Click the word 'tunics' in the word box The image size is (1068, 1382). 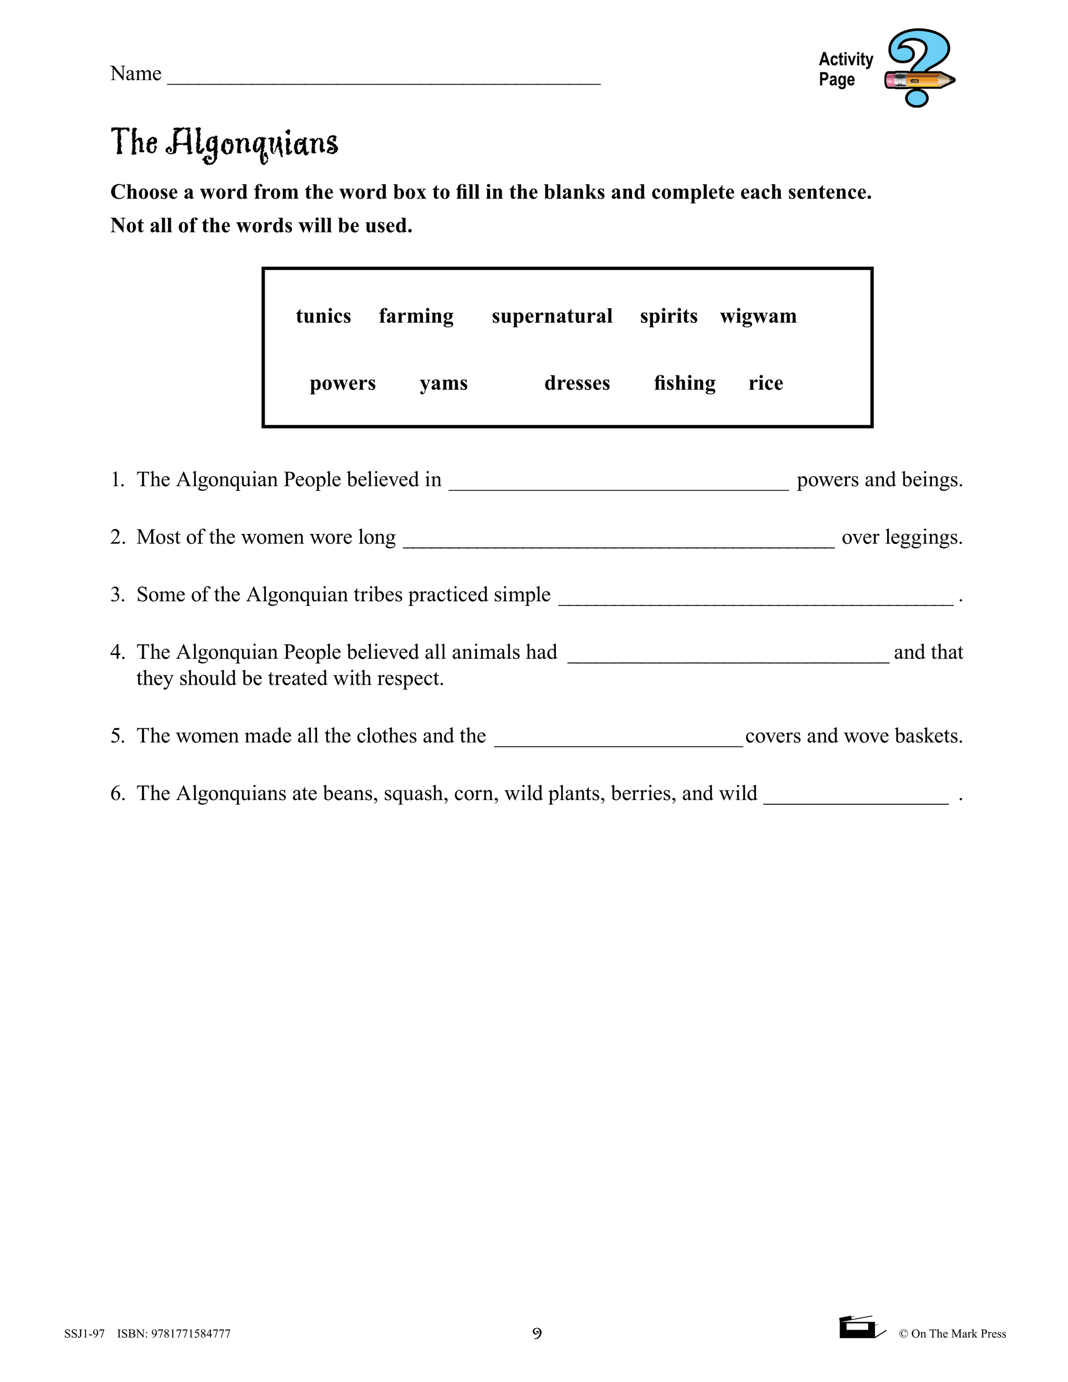tap(323, 316)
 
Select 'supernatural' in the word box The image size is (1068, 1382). tap(552, 316)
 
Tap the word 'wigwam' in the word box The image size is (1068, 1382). tap(758, 316)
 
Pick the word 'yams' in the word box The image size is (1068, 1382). tap(444, 383)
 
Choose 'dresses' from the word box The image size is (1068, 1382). tap(577, 383)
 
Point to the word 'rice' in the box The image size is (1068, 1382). tap(766, 383)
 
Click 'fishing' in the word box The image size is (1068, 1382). tap(685, 383)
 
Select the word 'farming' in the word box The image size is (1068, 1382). tap(416, 316)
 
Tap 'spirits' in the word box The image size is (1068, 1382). tap(668, 316)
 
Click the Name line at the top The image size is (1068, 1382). tap(383, 79)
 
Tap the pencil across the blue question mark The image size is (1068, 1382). tap(919, 80)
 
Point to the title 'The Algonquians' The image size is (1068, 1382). tap(225, 143)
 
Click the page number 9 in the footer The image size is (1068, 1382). tap(537, 1333)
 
